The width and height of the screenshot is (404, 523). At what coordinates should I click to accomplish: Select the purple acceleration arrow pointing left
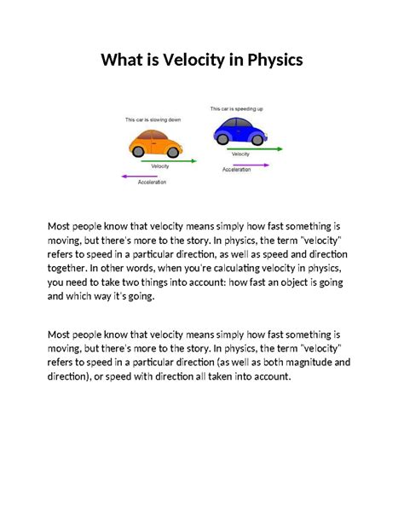(141, 177)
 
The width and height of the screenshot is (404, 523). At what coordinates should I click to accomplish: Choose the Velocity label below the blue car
(240, 154)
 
